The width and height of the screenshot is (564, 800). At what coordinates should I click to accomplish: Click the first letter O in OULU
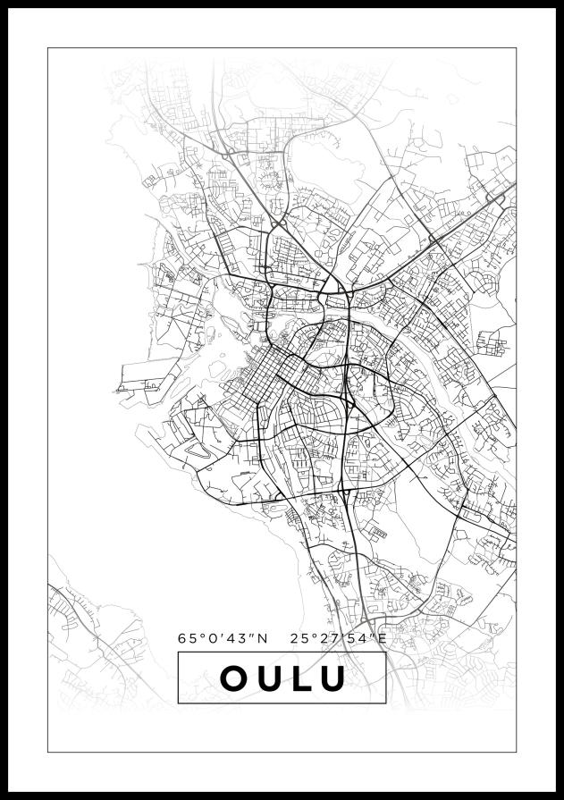pyautogui.click(x=233, y=678)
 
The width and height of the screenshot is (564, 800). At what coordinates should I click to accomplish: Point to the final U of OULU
pyautogui.click(x=333, y=678)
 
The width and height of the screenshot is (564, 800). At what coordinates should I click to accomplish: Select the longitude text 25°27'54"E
pyautogui.click(x=339, y=638)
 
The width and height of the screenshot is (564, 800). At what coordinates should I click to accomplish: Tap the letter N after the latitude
pyautogui.click(x=262, y=638)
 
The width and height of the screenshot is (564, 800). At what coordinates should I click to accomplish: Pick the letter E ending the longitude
pyautogui.click(x=382, y=638)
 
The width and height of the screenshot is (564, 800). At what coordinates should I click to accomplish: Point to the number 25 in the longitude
pyautogui.click(x=299, y=638)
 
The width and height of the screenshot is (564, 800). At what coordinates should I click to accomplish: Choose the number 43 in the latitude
pyautogui.click(x=239, y=638)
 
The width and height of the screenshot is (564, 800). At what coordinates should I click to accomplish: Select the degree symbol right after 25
pyautogui.click(x=311, y=635)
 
